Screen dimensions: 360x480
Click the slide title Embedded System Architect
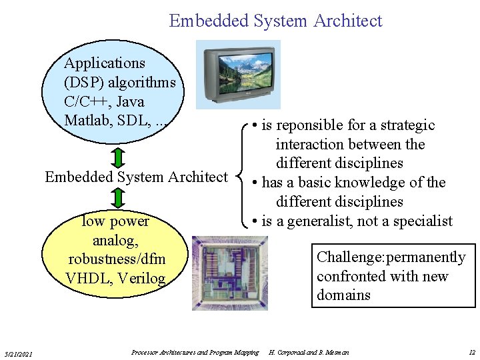[x=275, y=21]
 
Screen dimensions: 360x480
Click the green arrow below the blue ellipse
[x=117, y=158]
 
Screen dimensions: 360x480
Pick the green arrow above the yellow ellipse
[x=117, y=197]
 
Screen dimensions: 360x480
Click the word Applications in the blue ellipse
[x=105, y=63]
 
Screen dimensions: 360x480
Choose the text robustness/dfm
[x=117, y=259]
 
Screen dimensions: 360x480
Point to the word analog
[x=114, y=239]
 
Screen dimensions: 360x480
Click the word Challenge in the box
[x=349, y=257]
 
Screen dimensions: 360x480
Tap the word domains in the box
[x=343, y=295]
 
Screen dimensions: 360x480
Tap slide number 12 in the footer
[x=472, y=352]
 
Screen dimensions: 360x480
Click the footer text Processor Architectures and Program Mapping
[x=195, y=352]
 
